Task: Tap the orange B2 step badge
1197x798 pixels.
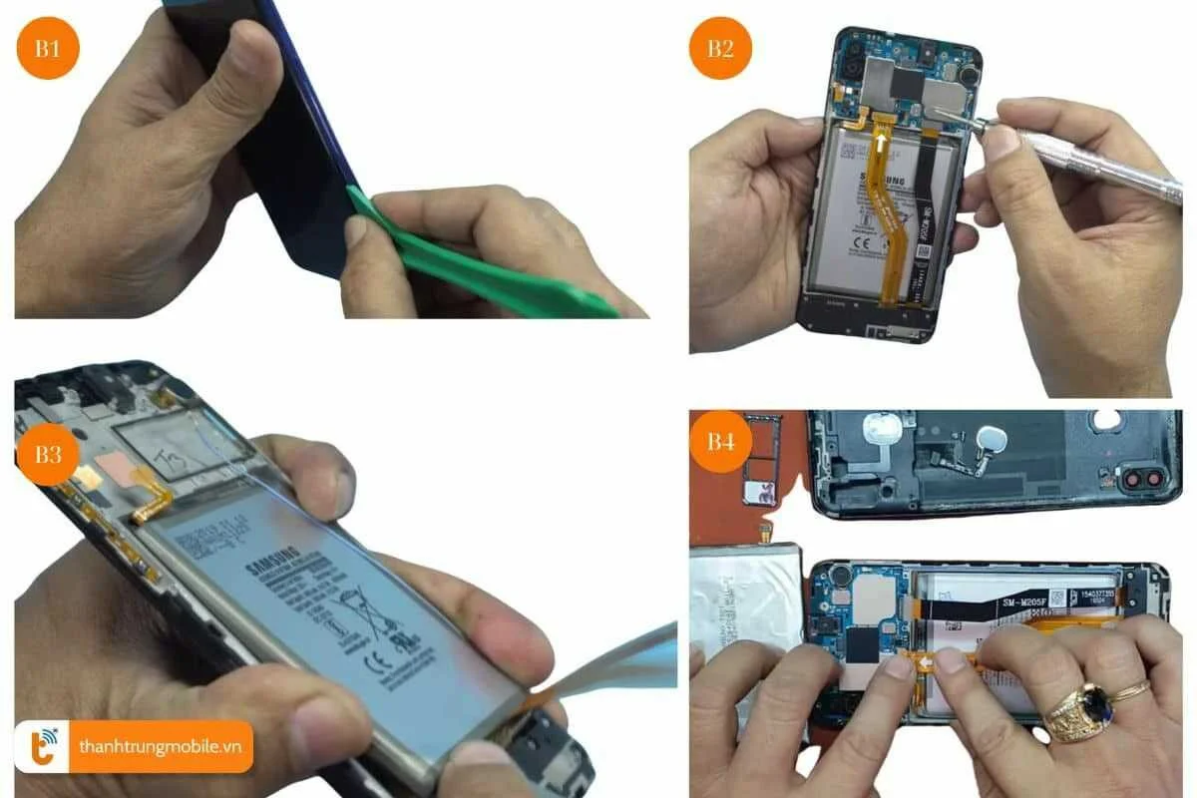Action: coord(721,48)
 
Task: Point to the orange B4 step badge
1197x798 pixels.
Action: coord(721,441)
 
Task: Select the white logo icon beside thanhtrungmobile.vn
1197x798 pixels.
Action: coord(41,746)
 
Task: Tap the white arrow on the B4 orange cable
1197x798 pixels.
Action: coord(925,657)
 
